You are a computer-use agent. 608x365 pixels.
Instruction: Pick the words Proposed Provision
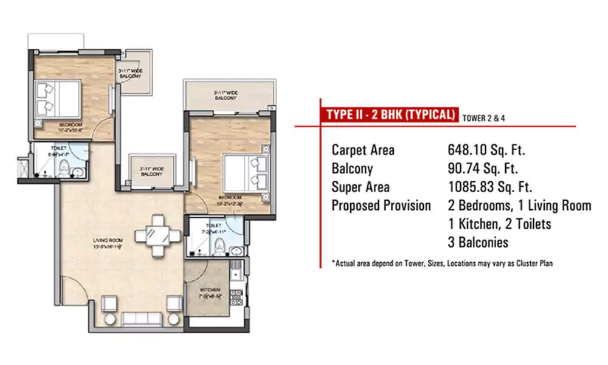click(x=381, y=206)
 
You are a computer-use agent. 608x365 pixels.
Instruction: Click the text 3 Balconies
click(x=478, y=243)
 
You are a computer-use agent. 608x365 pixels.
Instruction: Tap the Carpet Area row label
click(x=363, y=150)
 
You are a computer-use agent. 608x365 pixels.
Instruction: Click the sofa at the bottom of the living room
click(x=143, y=319)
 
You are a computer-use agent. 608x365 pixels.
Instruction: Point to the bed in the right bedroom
click(x=246, y=172)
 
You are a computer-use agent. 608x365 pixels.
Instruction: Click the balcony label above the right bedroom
click(x=226, y=95)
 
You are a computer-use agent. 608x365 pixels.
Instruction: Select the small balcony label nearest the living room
click(x=151, y=172)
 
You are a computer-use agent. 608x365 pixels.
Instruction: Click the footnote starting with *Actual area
click(x=442, y=263)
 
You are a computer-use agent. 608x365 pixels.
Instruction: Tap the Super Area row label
click(x=361, y=187)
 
